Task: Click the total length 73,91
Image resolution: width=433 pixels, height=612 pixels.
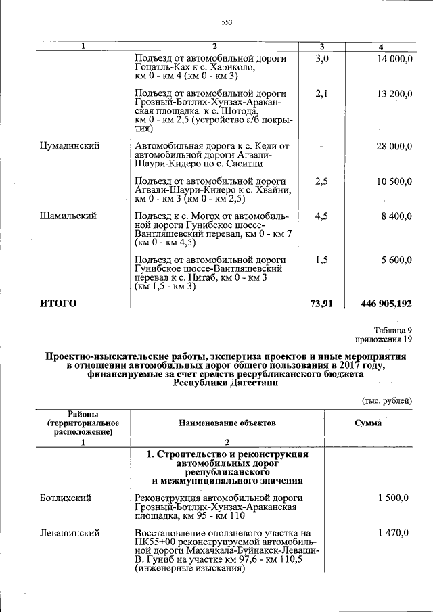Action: (321, 304)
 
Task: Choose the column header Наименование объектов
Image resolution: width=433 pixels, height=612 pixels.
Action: (227, 423)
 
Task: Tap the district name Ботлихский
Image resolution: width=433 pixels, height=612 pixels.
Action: (66, 498)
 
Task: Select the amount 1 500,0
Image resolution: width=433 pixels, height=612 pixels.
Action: (393, 498)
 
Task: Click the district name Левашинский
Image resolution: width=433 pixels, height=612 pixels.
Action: (70, 533)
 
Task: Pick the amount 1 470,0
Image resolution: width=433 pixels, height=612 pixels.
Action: (393, 533)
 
